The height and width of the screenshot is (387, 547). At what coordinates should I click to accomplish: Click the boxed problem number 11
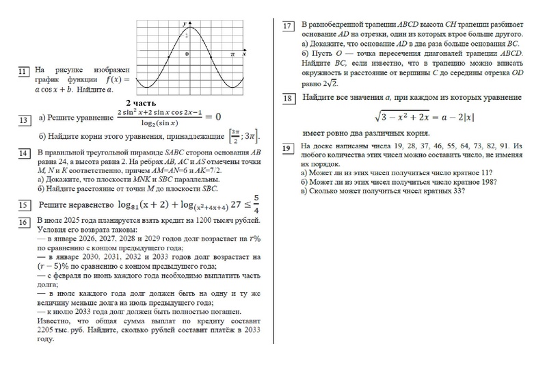pyautogui.click(x=23, y=71)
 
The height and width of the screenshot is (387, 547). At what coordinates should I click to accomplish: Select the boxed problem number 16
pyautogui.click(x=23, y=222)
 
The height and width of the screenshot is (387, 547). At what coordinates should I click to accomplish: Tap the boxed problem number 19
pyautogui.click(x=287, y=148)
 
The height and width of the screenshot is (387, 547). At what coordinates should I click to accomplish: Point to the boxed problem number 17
pyautogui.click(x=288, y=26)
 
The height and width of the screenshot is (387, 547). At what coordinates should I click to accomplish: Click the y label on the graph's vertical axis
pyautogui.click(x=184, y=25)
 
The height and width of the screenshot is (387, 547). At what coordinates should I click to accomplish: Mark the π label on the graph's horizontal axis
pyautogui.click(x=232, y=53)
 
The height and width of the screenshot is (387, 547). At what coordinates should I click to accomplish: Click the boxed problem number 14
pyautogui.click(x=23, y=152)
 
